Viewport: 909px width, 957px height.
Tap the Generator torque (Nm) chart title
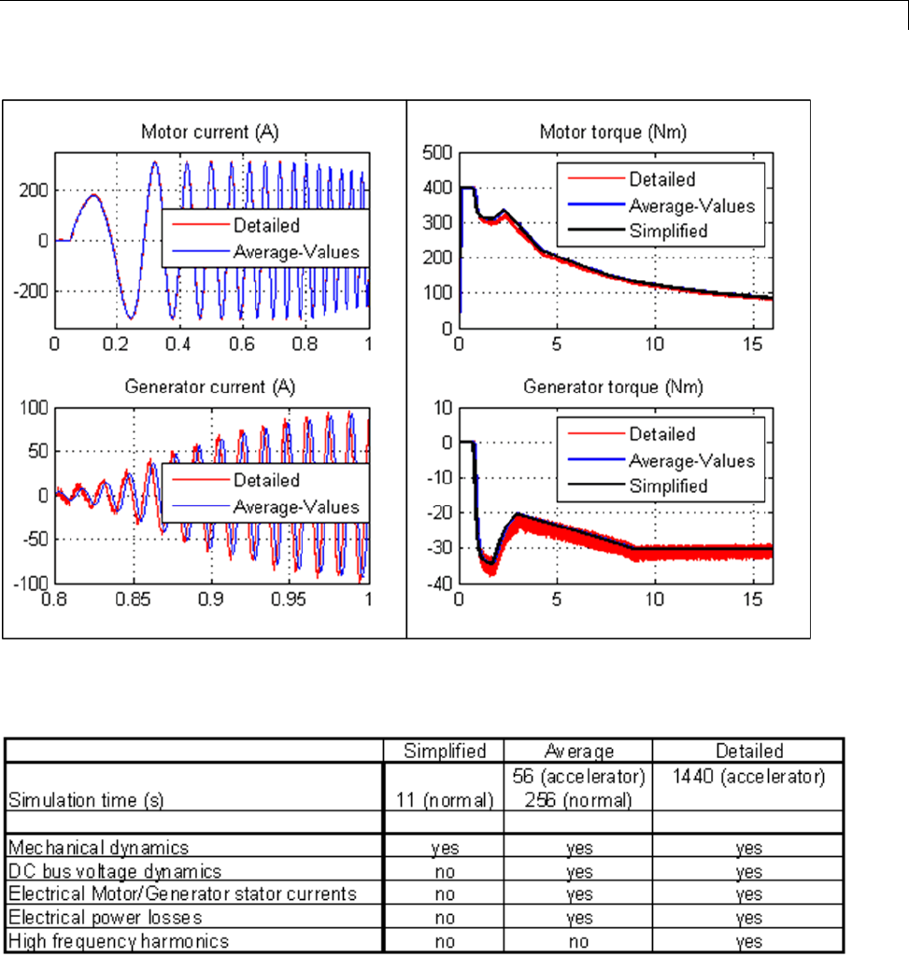(613, 386)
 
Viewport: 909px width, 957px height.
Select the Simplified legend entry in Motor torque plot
(668, 231)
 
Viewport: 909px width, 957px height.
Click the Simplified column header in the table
(444, 751)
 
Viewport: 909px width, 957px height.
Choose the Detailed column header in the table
(747, 751)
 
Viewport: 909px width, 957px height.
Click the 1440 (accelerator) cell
(747, 776)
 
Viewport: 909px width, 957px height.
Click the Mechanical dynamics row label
(98, 848)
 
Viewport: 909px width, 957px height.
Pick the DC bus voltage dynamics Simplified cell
(444, 871)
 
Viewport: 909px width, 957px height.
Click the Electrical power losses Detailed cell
(747, 918)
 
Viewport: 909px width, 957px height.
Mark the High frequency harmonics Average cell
(578, 941)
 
